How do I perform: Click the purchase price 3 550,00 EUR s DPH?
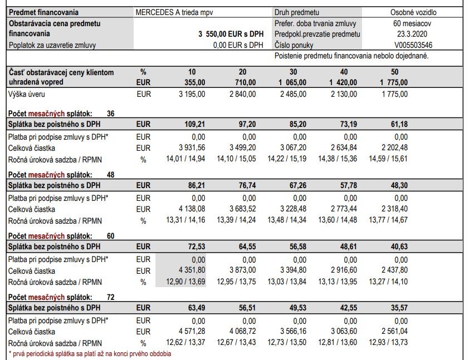pyautogui.click(x=231, y=34)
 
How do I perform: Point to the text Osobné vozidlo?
pyautogui.click(x=413, y=12)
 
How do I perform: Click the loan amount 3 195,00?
pyautogui.click(x=192, y=95)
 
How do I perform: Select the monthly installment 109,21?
pyautogui.click(x=195, y=124)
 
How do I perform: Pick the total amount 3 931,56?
pyautogui.click(x=192, y=148)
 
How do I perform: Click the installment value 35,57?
pyautogui.click(x=397, y=308)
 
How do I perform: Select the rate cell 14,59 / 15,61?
pyautogui.click(x=388, y=159)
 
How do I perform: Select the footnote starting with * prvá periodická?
pyautogui.click(x=90, y=354)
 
